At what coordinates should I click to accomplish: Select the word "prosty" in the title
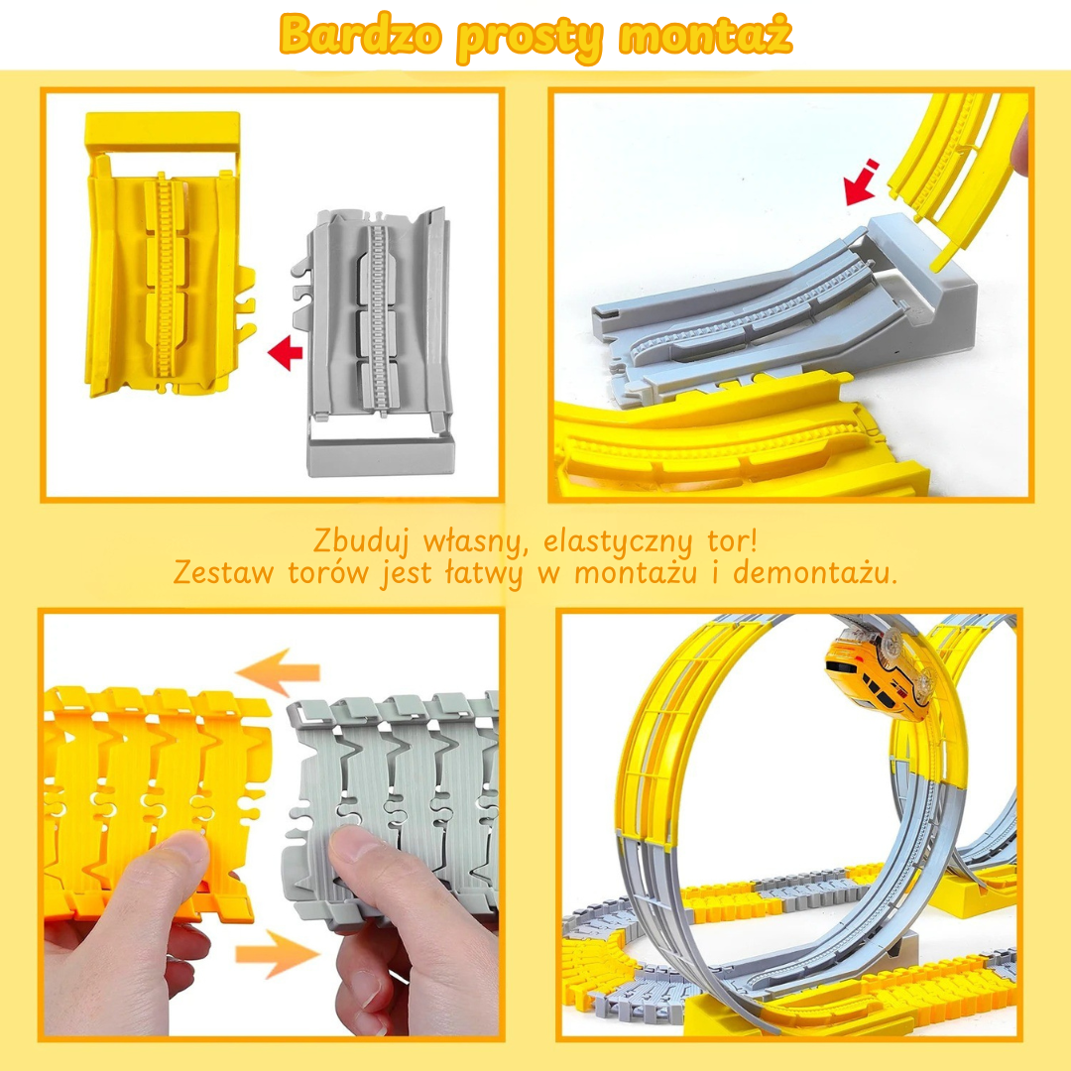point(531,39)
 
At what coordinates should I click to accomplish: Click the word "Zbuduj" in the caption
point(361,541)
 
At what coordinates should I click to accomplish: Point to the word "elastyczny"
point(618,542)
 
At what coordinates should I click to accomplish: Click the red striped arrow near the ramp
point(861,182)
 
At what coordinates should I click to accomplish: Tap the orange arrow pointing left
point(278,672)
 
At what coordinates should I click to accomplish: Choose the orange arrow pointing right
point(278,954)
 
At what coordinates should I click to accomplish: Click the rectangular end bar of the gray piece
point(381,455)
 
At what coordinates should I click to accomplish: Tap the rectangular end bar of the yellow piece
point(163,130)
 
